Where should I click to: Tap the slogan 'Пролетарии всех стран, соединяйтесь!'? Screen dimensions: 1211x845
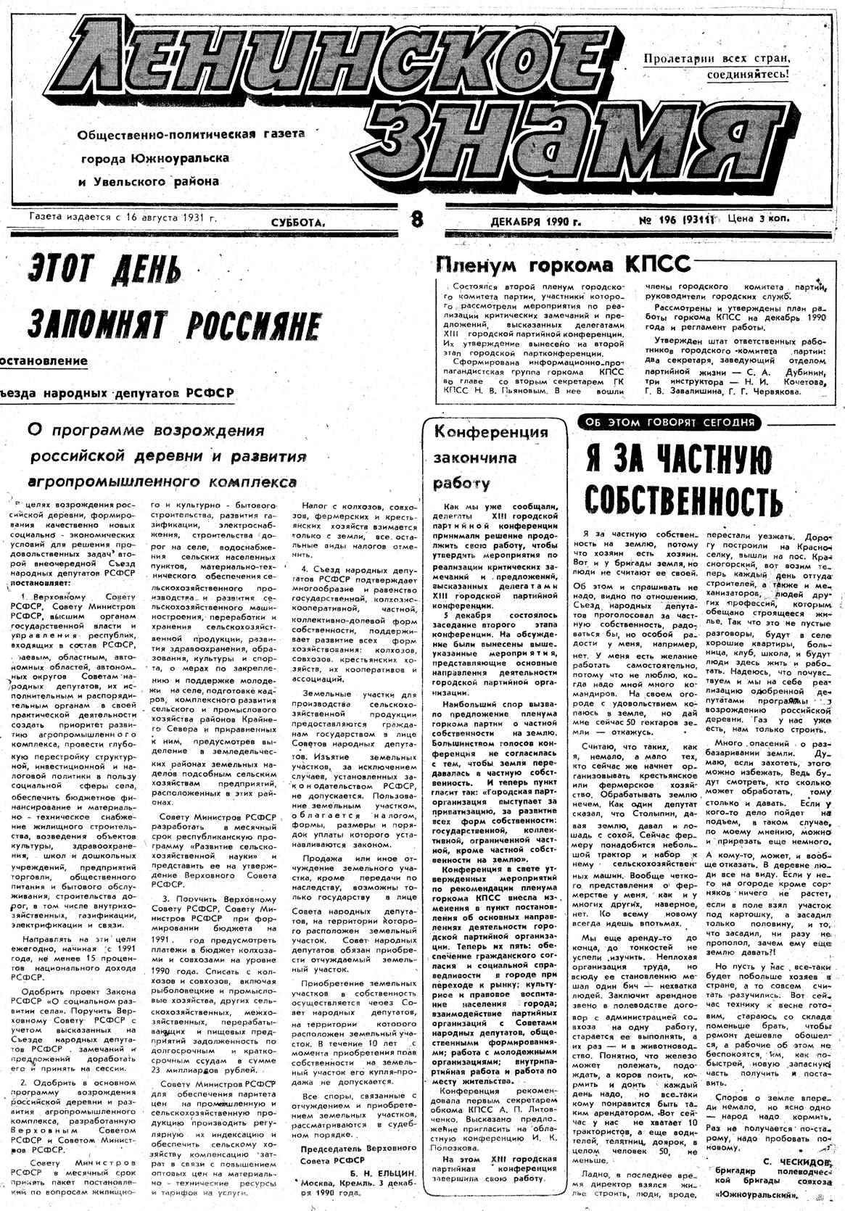point(716,65)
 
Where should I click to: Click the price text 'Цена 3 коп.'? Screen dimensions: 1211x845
point(759,218)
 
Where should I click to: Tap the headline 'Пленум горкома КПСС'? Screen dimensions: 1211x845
point(562,265)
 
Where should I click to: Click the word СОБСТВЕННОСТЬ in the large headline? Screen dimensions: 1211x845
point(683,499)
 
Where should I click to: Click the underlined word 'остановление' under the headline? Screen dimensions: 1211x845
point(44,360)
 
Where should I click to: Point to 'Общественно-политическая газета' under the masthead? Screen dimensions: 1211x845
point(191,134)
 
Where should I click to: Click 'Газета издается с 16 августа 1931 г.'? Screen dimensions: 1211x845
point(123,217)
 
